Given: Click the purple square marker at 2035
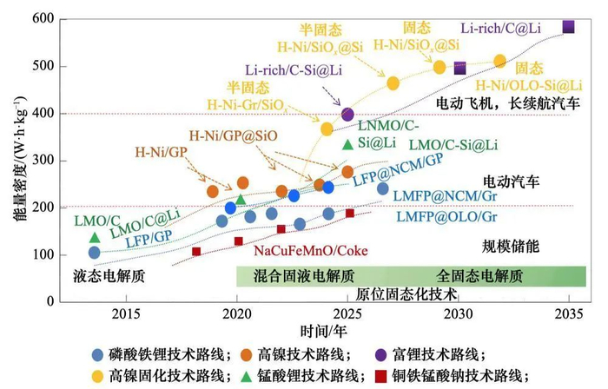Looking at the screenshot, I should (x=569, y=27).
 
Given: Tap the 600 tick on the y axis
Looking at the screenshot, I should (x=43, y=19).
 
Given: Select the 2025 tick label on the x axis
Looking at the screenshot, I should (x=347, y=314).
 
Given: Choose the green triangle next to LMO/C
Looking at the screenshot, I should (x=95, y=237).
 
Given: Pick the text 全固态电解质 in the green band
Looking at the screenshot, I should (x=479, y=276).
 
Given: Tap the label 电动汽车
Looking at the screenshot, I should (x=512, y=182).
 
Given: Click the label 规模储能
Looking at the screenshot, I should (x=511, y=247).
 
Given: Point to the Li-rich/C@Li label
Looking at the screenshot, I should (x=501, y=29).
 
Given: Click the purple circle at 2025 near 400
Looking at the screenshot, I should (x=347, y=114).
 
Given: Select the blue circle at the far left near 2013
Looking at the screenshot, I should (x=95, y=253).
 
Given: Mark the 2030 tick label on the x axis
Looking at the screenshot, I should (x=459, y=314).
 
